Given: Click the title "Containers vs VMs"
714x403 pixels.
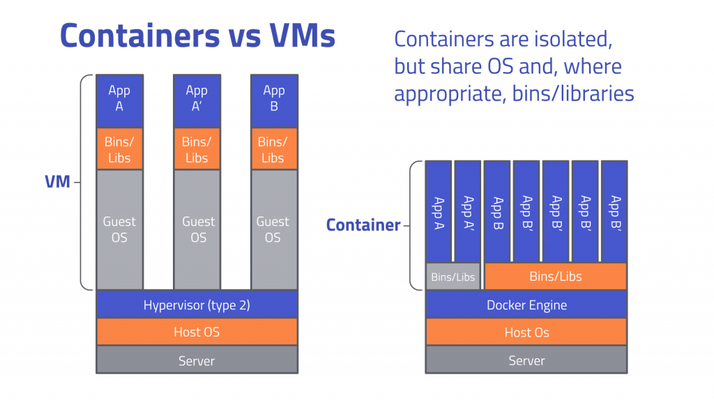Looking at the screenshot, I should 197,36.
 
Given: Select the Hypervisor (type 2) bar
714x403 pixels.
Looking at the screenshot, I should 197,305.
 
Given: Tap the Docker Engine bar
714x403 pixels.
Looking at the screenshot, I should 526,305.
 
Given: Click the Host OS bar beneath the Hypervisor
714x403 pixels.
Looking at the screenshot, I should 197,332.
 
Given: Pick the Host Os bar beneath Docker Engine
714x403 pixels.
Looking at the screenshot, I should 526,332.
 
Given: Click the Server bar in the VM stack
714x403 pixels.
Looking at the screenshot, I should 197,360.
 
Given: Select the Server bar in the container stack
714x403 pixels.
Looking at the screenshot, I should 526,360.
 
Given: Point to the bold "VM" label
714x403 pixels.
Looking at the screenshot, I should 57,182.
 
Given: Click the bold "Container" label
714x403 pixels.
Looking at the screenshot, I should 363,225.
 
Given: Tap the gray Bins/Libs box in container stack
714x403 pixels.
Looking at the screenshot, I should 453,277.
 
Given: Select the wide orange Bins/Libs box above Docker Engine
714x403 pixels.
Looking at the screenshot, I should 556,277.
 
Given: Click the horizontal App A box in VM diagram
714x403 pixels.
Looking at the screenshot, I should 119,99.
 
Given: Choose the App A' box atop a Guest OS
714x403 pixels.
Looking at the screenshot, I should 197,99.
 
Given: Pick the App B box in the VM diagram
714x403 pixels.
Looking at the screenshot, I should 274,99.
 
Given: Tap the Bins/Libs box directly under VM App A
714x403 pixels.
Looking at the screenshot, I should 119,149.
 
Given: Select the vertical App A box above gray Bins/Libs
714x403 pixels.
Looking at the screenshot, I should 439,212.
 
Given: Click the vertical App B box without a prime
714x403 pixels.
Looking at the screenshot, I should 497,212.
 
